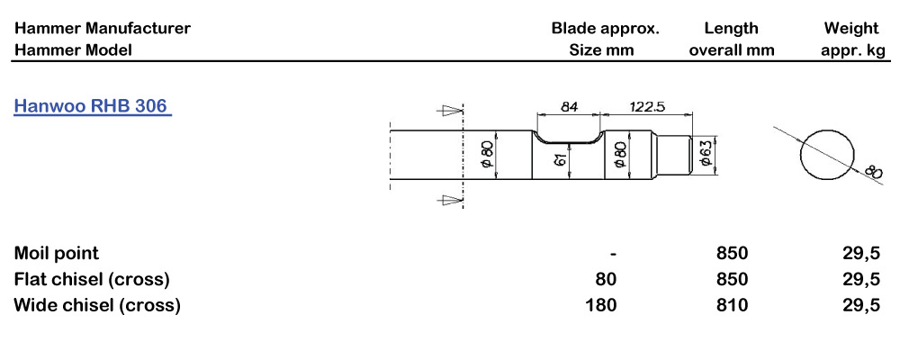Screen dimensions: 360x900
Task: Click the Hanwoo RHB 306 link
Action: tap(93, 106)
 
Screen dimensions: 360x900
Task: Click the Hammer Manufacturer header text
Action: tap(102, 28)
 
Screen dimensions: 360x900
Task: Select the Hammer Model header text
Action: tap(73, 50)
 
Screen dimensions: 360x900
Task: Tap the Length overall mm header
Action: tap(731, 39)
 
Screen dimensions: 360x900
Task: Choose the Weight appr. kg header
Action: tap(851, 39)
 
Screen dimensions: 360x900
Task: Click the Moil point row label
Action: tap(56, 253)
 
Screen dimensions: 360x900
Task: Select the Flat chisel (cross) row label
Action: tap(92, 279)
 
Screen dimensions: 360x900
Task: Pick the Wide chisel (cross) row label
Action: tap(97, 305)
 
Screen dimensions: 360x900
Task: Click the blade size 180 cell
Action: tap(601, 305)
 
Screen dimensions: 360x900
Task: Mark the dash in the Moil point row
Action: tap(612, 253)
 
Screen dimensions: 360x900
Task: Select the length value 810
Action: tap(732, 305)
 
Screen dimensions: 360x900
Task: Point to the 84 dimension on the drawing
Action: tap(569, 107)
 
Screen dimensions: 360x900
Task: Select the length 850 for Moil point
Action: tap(732, 253)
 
